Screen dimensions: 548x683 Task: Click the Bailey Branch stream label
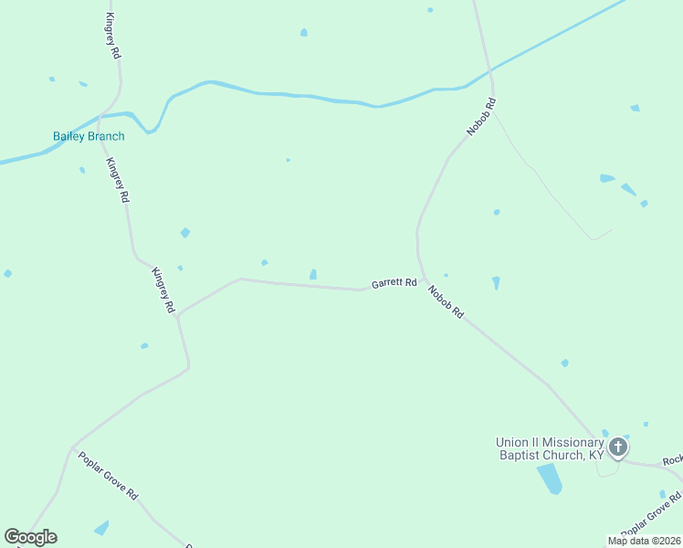[89, 136]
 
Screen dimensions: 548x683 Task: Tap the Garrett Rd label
[394, 284]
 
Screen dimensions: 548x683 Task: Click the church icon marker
[618, 448]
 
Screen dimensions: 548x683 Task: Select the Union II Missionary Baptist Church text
[550, 448]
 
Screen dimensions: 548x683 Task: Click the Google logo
[30, 537]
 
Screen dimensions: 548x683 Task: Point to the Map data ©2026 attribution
[644, 541]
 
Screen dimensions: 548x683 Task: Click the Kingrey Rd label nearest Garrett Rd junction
[163, 290]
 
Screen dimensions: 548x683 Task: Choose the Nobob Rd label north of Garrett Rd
[480, 118]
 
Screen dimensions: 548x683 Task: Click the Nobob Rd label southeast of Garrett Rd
[446, 302]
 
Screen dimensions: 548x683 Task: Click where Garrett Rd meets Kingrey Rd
[178, 314]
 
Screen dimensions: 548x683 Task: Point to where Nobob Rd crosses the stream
[490, 70]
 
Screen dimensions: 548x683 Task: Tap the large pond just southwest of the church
[549, 478]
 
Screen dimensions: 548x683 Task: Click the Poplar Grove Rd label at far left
[108, 476]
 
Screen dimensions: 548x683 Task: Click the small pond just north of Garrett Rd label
[313, 274]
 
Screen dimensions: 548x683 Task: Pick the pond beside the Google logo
[100, 528]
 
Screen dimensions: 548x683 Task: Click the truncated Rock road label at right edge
[672, 461]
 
